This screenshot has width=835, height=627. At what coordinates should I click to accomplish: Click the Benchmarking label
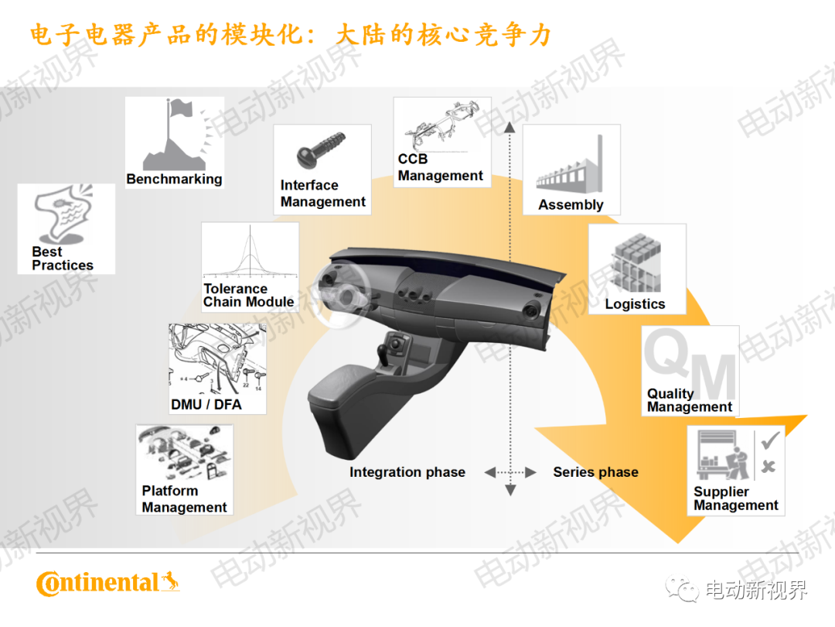pos(174,179)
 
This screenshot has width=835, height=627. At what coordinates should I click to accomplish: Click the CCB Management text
pos(440,168)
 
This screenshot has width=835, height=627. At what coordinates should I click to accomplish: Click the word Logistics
pos(635,304)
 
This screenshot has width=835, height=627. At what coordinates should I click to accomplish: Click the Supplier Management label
pos(735,499)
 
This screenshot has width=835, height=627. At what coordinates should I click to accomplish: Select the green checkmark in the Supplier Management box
pos(769,441)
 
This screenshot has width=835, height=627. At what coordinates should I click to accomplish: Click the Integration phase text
pos(407,472)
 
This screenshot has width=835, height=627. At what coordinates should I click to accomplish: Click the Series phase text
pos(595,472)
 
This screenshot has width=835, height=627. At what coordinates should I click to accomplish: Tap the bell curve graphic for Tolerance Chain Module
pos(250,252)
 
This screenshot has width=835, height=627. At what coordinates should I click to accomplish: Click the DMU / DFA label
pos(206,404)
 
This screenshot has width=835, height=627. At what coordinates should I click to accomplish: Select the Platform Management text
pos(184,499)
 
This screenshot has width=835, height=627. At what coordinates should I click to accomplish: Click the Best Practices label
pos(62,259)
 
